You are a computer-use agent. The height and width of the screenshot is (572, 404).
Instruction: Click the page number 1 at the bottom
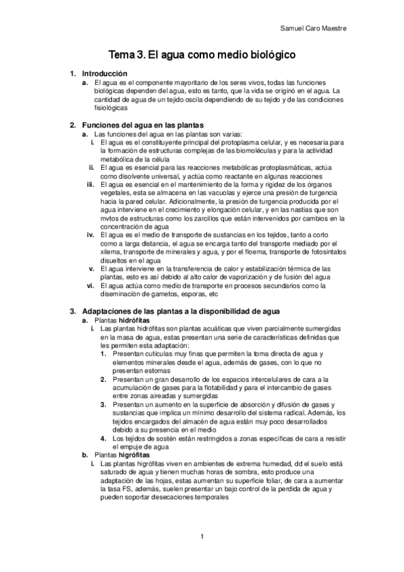coord(202,537)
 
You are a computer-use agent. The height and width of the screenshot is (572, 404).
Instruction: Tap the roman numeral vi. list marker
coord(90,285)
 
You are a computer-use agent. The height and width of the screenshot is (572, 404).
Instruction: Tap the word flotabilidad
coord(224,388)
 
